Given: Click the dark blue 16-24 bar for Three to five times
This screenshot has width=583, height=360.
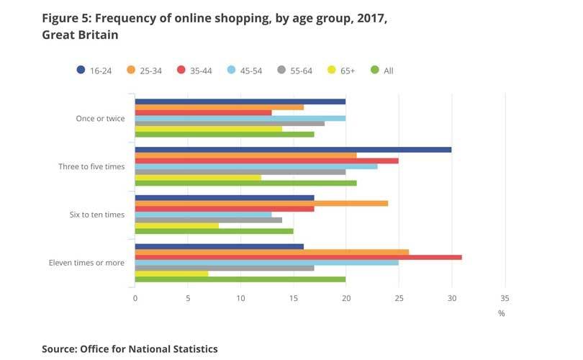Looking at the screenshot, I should pos(293,150).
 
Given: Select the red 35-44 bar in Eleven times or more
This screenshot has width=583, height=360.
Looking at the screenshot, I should pos(298,257).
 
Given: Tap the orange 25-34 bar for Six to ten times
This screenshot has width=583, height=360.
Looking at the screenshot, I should pos(261,203).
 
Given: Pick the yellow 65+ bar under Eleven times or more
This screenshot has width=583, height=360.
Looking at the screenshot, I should pos(171,274).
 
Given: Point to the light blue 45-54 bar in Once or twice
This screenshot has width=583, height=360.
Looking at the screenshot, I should pos(240,118).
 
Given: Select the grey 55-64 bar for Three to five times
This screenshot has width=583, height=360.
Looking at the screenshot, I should pos(240,171).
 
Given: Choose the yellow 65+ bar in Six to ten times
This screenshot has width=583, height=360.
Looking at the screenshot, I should pos(176,225).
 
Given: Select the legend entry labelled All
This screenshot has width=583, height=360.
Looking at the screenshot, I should pos(382,71).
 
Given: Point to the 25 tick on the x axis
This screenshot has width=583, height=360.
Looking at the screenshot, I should pos(399,298).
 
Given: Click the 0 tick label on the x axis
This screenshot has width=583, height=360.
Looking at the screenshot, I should pos(135,298).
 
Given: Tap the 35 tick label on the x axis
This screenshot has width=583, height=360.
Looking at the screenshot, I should pos(505,298).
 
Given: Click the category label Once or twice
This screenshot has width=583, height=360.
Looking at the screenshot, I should pos(100,118).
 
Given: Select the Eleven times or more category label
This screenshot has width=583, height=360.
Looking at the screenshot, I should pos(86,263).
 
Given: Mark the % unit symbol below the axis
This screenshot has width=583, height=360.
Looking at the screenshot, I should pos(501,313).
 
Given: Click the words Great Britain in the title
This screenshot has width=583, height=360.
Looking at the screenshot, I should pos(80,34).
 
